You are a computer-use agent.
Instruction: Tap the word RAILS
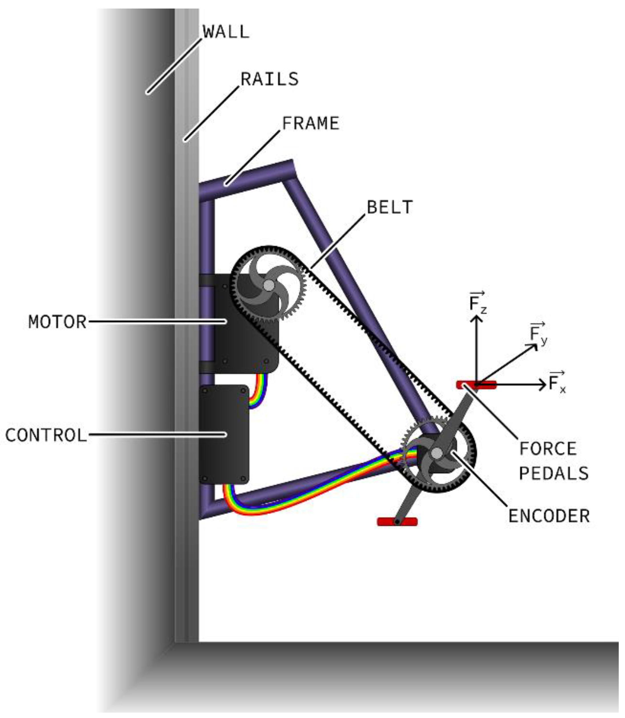(270, 79)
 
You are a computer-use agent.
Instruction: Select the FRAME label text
(310, 123)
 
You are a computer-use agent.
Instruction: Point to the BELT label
(390, 207)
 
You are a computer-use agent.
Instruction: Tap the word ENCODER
(549, 516)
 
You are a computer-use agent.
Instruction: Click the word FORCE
(547, 449)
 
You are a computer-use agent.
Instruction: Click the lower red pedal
(397, 522)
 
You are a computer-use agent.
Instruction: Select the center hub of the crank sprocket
(437, 453)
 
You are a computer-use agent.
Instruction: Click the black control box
(224, 434)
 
